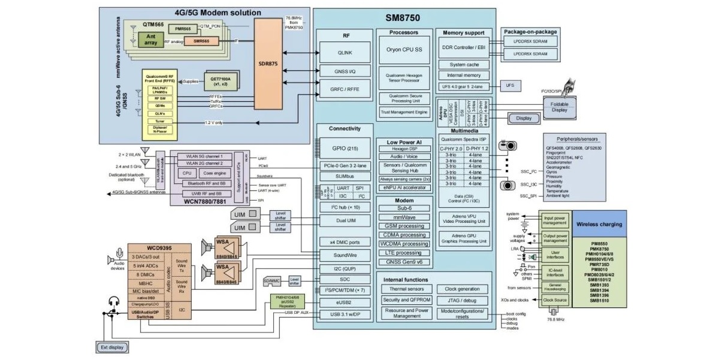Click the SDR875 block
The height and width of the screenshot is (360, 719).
click(267, 63)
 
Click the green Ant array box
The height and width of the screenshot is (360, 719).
click(150, 40)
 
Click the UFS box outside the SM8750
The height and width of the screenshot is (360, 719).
click(509, 86)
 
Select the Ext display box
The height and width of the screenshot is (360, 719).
click(112, 347)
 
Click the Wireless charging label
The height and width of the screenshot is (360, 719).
click(599, 224)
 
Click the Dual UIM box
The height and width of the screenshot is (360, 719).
click(346, 220)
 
